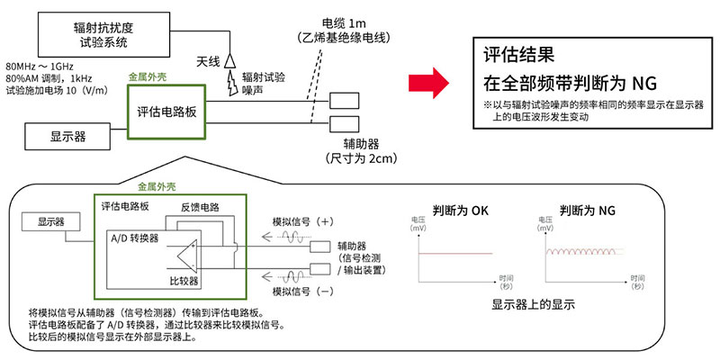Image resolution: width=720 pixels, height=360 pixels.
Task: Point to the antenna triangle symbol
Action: click(x=229, y=59)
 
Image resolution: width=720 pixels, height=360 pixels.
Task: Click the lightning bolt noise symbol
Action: click(x=236, y=83)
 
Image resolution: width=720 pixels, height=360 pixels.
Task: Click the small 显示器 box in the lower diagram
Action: click(x=52, y=221)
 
